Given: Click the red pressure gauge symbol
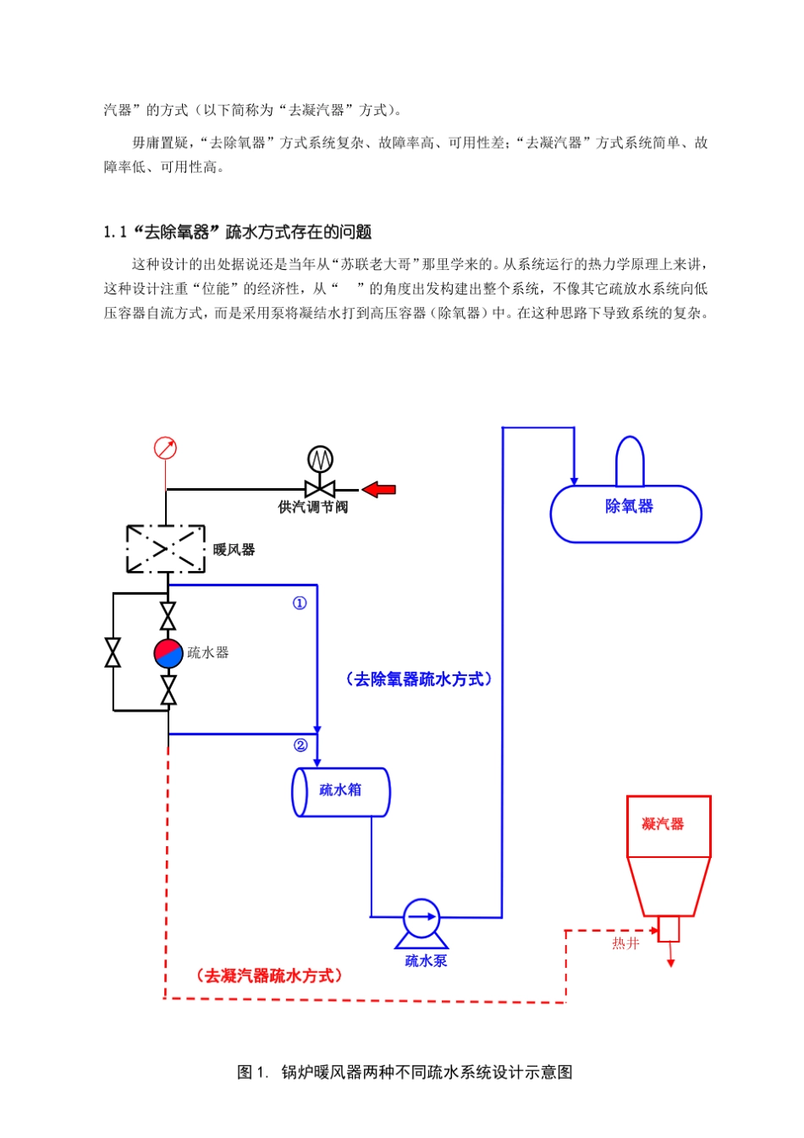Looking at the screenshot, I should coord(165,448).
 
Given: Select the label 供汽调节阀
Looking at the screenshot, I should coord(312,508).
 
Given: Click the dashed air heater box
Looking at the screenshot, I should coord(166,549).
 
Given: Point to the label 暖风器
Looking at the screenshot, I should coord(234,550).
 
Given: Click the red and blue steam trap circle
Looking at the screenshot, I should coord(168,653).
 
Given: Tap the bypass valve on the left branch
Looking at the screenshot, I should coord(113,652).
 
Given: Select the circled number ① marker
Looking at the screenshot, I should coord(300,603).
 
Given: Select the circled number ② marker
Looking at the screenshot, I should coord(300,745).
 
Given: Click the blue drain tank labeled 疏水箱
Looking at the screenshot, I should coord(340,792).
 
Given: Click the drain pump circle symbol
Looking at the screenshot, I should coord(421,918).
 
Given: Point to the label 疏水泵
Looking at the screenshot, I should coord(426,961).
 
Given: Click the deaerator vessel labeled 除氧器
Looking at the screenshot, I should coord(626,514).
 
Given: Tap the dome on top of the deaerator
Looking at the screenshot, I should coord(630,460).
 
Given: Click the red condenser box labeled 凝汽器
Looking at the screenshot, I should coord(668,826).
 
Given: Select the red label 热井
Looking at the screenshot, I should coord(625,943).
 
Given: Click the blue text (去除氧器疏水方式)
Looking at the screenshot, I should coord(418,679).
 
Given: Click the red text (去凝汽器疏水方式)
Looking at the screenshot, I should coord(270,976).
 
